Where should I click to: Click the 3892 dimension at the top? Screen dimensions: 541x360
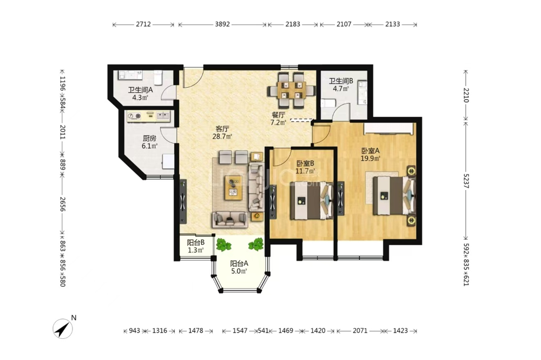(222, 24)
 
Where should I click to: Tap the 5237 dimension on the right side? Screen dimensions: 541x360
(466, 180)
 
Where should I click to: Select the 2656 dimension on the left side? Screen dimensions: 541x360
(62, 204)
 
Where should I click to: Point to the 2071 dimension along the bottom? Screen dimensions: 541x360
(360, 331)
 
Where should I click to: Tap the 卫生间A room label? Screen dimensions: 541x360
(141, 90)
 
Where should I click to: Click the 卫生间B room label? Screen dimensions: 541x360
(340, 81)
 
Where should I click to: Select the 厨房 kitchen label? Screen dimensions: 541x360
(149, 139)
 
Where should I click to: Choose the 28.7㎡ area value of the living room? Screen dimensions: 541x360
(222, 136)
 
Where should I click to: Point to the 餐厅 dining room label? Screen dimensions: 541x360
(279, 115)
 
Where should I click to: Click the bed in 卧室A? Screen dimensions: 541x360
(394, 195)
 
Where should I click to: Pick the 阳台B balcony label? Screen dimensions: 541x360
(196, 243)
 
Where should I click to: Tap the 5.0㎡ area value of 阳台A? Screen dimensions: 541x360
(239, 271)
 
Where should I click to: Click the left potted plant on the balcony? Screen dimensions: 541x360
(223, 245)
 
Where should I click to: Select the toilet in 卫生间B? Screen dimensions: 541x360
(328, 103)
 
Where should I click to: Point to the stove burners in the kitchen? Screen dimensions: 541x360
(135, 116)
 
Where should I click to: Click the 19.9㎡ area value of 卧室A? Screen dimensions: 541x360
(370, 159)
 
